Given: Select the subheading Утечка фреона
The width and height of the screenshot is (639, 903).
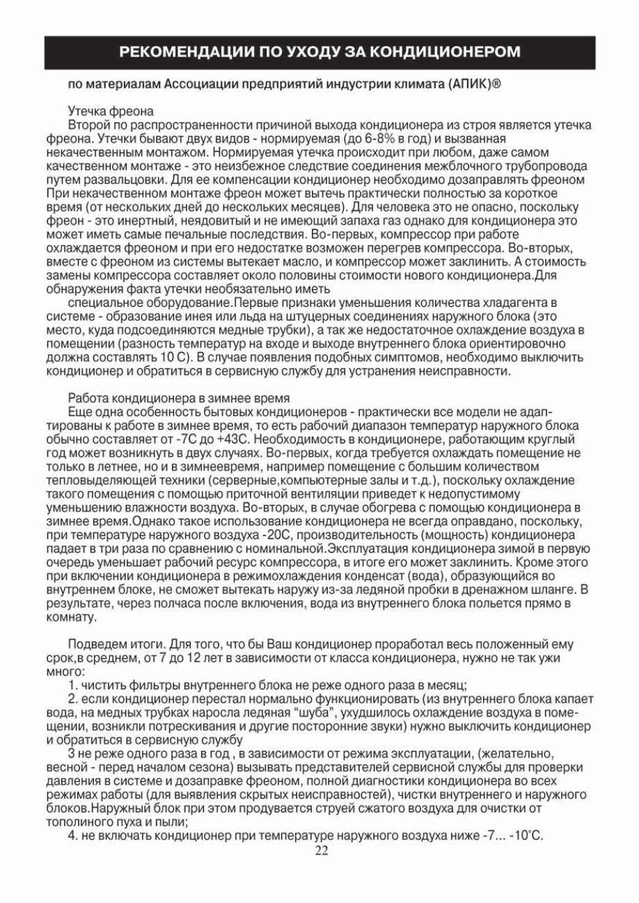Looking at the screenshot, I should (111, 111).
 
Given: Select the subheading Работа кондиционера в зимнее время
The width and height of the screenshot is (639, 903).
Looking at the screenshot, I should (179, 399).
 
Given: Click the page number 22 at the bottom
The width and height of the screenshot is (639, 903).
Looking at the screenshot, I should (320, 849).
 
